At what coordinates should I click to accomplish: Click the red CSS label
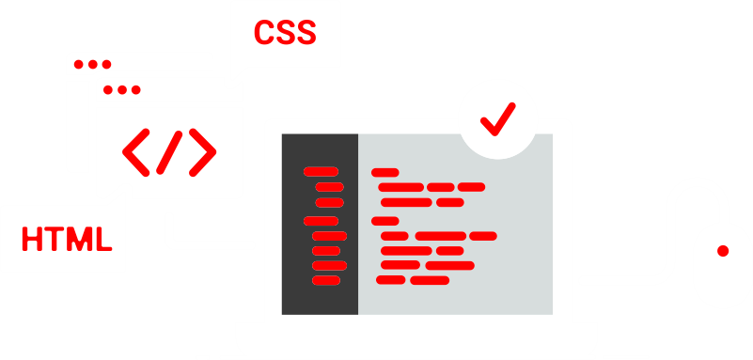click(x=285, y=33)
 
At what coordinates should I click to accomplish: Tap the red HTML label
click(x=67, y=239)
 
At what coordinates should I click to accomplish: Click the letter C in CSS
click(x=264, y=33)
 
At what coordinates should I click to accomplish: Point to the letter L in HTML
click(x=103, y=239)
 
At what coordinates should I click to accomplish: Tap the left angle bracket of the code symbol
click(x=138, y=150)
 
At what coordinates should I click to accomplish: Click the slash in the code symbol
click(x=170, y=150)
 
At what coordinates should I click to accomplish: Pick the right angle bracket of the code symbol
click(x=202, y=150)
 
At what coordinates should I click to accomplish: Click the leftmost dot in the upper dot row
click(x=80, y=65)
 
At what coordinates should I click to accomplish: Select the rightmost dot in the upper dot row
click(x=106, y=65)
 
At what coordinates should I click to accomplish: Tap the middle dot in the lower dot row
click(x=122, y=90)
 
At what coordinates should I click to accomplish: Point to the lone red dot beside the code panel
click(x=723, y=251)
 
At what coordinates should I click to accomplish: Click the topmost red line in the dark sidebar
click(x=321, y=171)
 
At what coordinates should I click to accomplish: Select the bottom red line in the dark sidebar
click(x=328, y=280)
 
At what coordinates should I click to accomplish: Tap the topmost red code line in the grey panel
click(x=385, y=172)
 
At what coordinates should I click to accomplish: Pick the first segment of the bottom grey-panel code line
click(x=390, y=280)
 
